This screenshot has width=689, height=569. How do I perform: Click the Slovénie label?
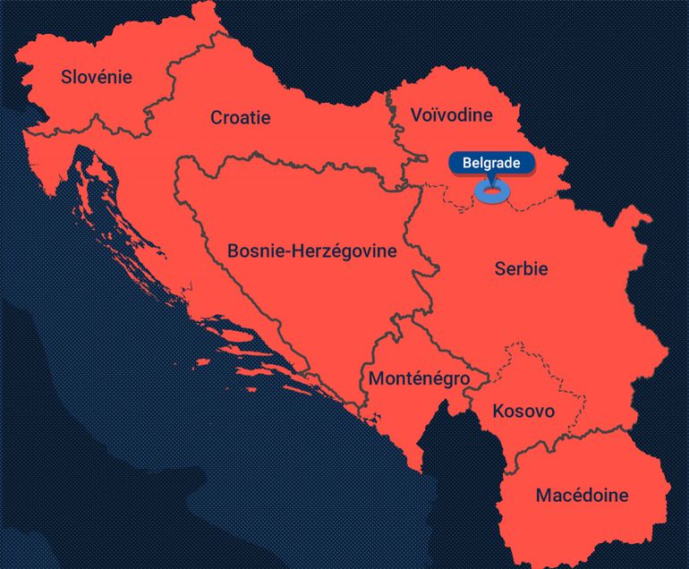[x=96, y=77]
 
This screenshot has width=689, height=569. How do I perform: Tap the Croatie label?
[x=240, y=117]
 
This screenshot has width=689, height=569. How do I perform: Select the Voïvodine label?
[x=451, y=115]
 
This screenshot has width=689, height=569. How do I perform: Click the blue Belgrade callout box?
[x=490, y=164]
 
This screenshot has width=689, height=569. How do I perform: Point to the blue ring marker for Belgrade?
[x=490, y=192]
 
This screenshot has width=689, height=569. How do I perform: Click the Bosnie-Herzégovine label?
[x=311, y=251]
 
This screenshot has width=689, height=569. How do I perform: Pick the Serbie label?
[x=521, y=268]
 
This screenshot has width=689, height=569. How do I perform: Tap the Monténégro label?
[x=419, y=378]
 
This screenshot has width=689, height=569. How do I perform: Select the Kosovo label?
[x=523, y=412]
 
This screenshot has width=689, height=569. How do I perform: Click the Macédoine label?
[x=582, y=495]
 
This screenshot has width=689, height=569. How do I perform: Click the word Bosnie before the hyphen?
[x=252, y=251]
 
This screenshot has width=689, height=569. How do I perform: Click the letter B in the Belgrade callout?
[x=467, y=164]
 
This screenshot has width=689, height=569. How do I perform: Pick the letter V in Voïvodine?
[x=417, y=115]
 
